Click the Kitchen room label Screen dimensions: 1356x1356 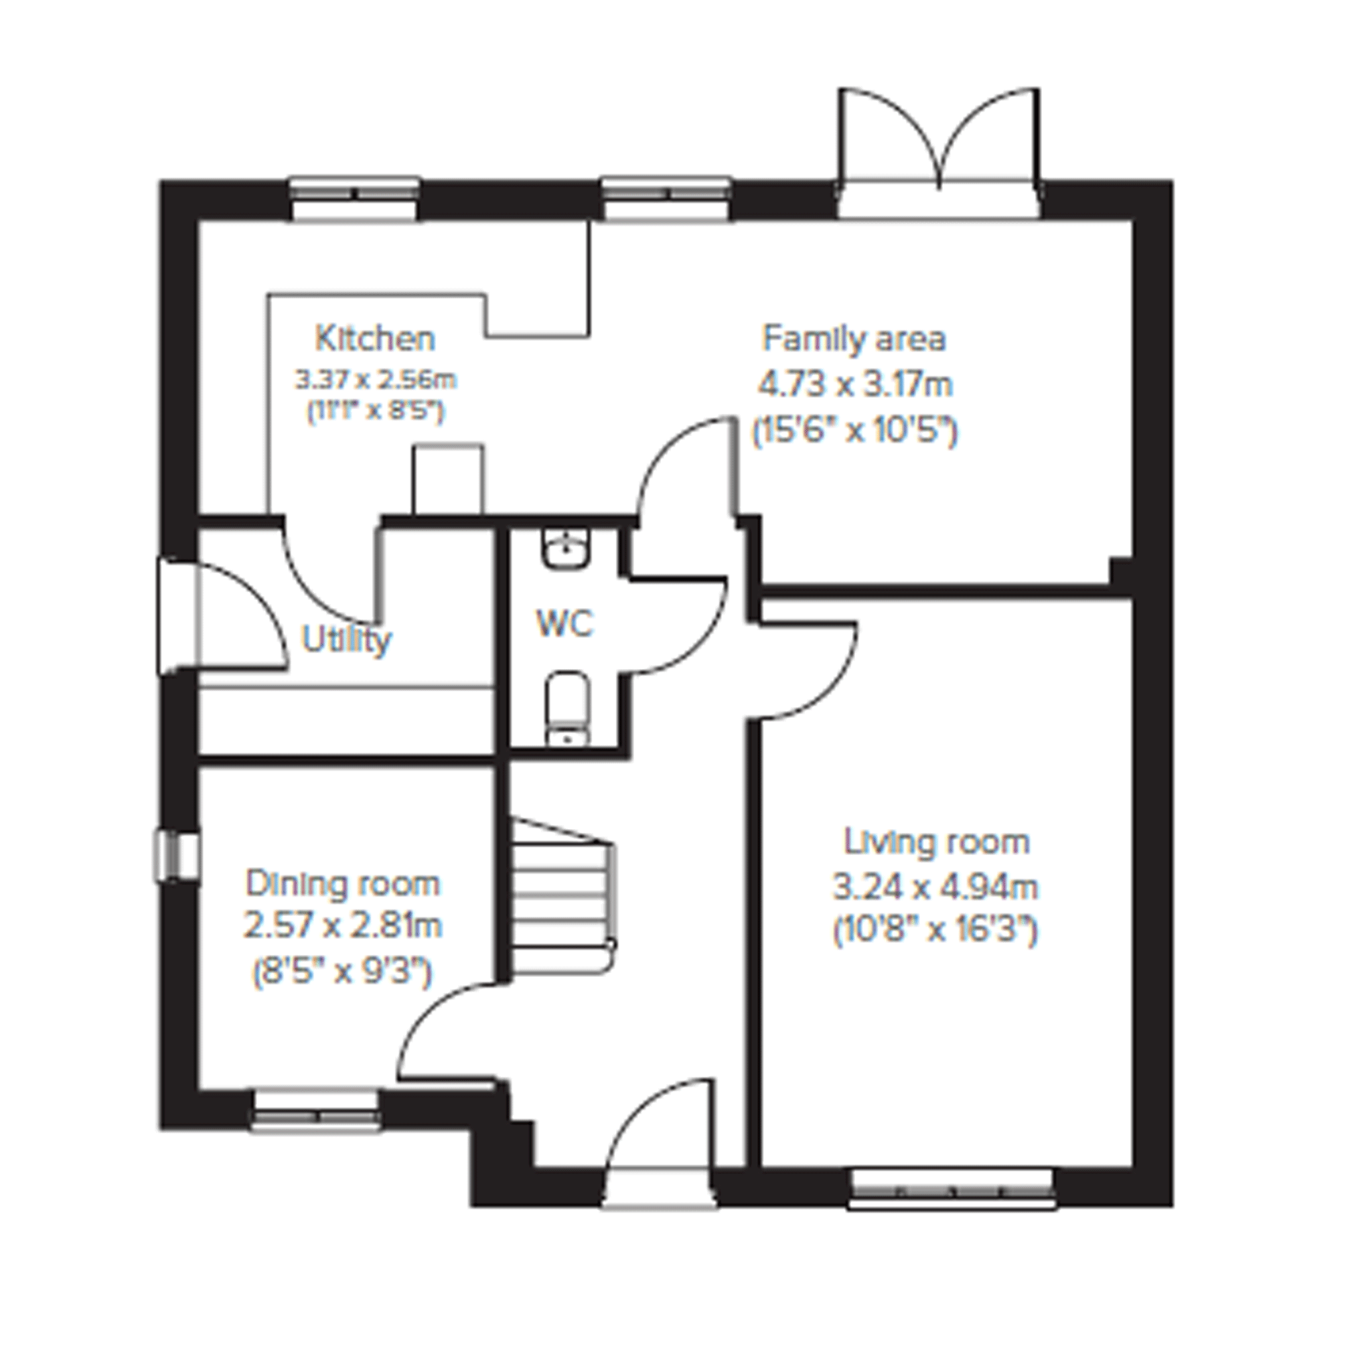point(375,339)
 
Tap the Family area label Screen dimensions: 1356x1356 point(854,339)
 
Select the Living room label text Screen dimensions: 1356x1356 point(936,842)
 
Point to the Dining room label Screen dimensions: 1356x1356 point(342,884)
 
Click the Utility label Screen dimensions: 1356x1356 point(346,639)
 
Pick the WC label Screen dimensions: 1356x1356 point(565,623)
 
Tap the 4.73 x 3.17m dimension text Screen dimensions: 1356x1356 point(855,384)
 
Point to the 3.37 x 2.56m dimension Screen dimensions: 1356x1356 point(376,380)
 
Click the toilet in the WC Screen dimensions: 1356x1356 point(567,708)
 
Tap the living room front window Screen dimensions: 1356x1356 point(952,1188)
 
